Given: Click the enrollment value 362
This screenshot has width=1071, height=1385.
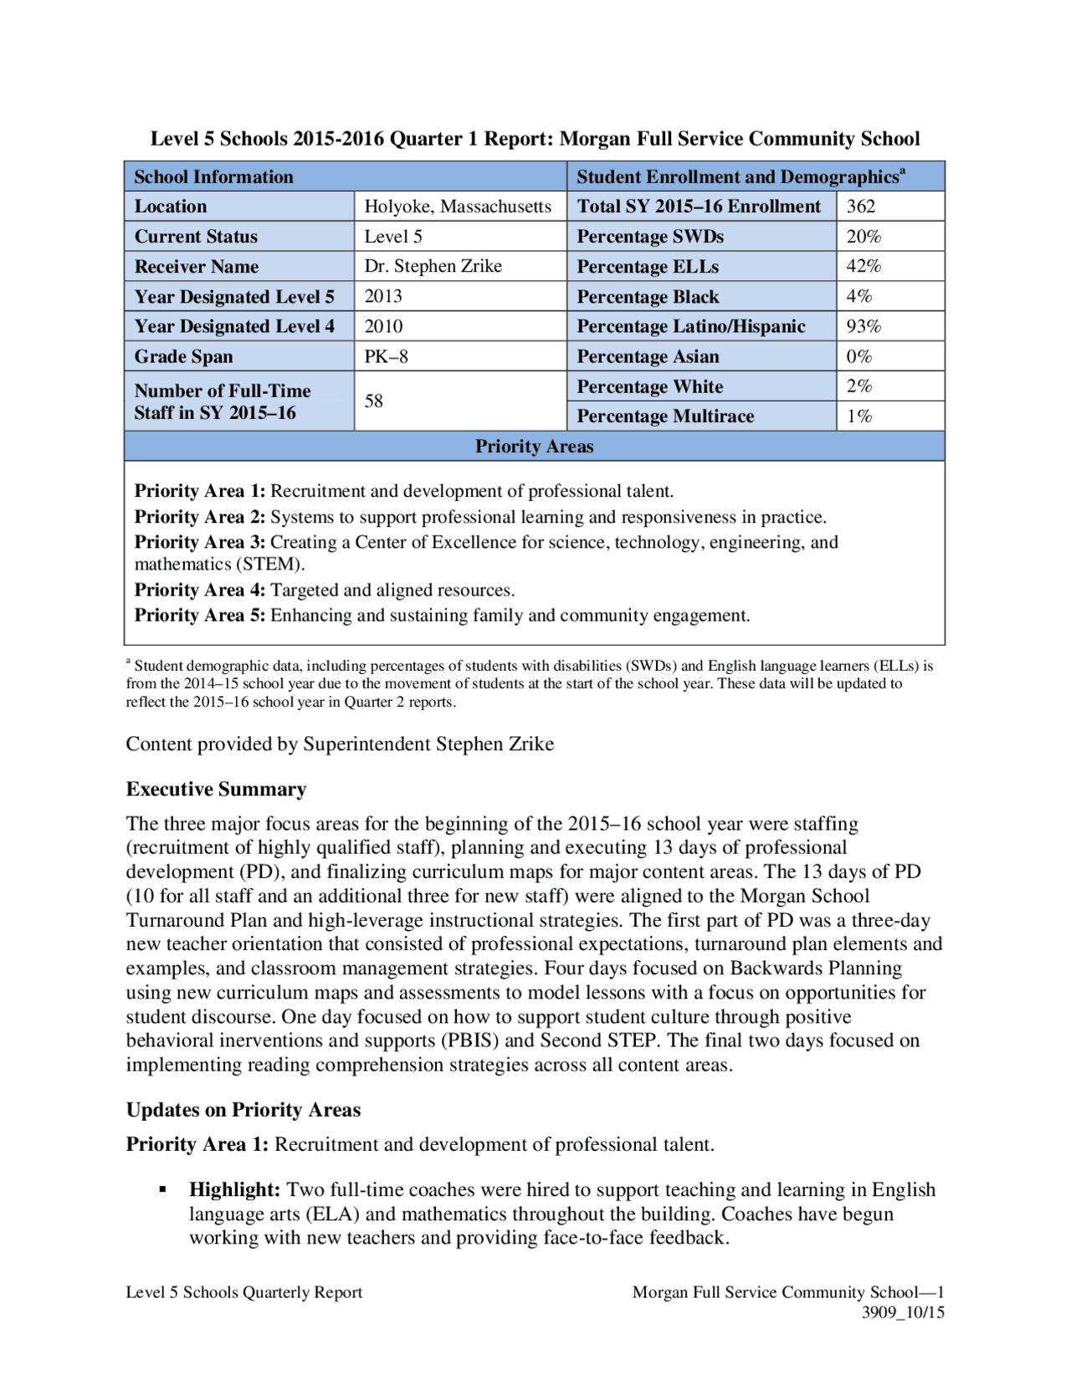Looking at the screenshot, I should [x=860, y=207].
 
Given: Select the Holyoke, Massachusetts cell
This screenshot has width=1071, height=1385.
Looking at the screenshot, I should [x=458, y=207].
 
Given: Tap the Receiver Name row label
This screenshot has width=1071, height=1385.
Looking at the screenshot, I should [x=197, y=267].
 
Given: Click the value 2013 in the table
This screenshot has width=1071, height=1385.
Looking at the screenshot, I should [x=383, y=297].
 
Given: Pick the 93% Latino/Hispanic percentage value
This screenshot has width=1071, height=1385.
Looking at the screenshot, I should [x=863, y=326].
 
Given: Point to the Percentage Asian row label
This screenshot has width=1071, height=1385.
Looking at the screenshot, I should [x=648, y=357].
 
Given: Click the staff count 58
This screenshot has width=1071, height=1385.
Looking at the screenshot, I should [x=373, y=401].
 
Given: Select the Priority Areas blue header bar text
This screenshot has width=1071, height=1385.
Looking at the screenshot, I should [x=534, y=447].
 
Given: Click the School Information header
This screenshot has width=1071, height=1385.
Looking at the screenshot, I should [x=213, y=177].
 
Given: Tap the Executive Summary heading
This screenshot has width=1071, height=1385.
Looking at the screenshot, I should [x=216, y=790].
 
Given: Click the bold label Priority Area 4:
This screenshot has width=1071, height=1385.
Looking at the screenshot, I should [x=200, y=590].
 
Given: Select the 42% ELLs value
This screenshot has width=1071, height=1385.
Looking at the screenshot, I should [x=863, y=267].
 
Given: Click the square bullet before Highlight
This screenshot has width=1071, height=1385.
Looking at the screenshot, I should [x=163, y=1189].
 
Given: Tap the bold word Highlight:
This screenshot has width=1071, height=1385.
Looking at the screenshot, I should [x=234, y=1190].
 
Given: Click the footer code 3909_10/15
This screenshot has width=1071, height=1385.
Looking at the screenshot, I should [x=903, y=1312].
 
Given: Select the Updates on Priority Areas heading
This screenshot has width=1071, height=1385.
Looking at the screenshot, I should [x=243, y=1110].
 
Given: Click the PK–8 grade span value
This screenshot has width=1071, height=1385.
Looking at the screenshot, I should [x=386, y=357].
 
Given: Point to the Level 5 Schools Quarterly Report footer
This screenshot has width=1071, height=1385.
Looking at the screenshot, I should [x=243, y=1292].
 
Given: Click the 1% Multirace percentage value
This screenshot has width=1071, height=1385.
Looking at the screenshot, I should [x=859, y=417].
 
